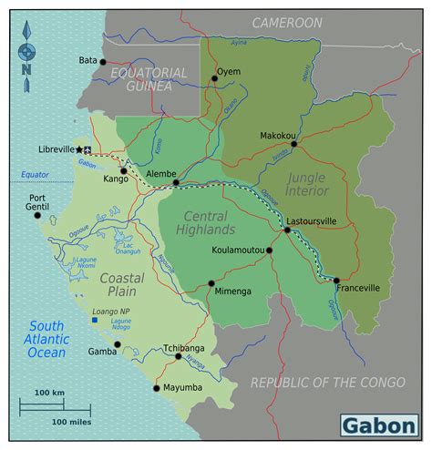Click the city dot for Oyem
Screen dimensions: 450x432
pyautogui.click(x=214, y=78)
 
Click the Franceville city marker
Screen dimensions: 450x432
pyautogui.click(x=336, y=281)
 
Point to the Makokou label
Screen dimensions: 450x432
pyautogui.click(x=278, y=135)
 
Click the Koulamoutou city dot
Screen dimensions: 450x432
pyautogui.click(x=270, y=249)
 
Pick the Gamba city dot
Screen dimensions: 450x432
pyautogui.click(x=117, y=344)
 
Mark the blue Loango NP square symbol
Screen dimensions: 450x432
pyautogui.click(x=95, y=320)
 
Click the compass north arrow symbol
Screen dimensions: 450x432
pyautogui.click(x=27, y=56)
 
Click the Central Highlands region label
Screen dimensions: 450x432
pyautogui.click(x=210, y=222)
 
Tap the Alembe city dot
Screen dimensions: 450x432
pyautogui.click(x=176, y=183)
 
